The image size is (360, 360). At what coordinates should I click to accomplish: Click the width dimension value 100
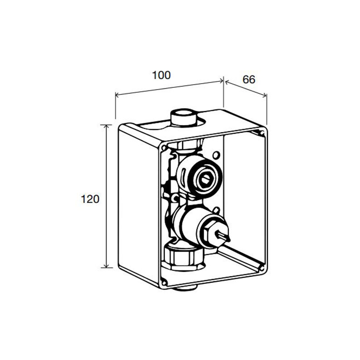[162, 75]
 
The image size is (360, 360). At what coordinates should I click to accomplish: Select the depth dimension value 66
[249, 80]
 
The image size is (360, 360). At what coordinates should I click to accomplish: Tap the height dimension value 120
[90, 199]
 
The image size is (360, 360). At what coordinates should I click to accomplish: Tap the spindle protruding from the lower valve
[222, 236]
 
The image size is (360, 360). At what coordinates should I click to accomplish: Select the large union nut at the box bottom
[183, 256]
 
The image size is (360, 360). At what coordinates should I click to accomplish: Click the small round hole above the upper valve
[216, 155]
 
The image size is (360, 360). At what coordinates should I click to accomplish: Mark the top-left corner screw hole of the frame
[164, 148]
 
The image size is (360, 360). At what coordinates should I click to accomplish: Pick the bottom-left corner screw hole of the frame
[164, 281]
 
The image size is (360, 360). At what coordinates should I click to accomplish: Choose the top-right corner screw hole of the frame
[261, 133]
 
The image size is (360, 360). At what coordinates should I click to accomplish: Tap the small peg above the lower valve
[216, 210]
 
